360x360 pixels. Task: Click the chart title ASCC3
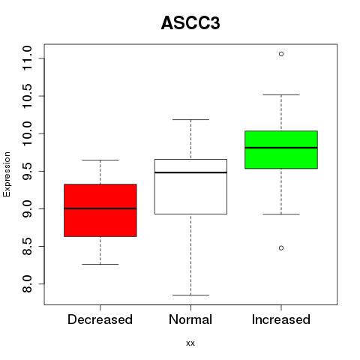(x=190, y=23)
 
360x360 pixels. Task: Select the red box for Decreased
(x=100, y=210)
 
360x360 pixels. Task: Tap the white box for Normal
(x=190, y=187)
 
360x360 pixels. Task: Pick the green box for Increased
(x=281, y=149)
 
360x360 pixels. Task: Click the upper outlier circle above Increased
(x=281, y=54)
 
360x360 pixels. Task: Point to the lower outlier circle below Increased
(x=281, y=248)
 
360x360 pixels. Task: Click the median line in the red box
(x=100, y=208)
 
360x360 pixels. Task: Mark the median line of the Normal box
(x=190, y=172)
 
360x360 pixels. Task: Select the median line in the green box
(x=281, y=148)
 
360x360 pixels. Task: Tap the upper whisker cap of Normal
(x=190, y=119)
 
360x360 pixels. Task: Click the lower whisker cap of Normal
(x=190, y=295)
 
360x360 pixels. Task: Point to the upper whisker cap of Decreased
(x=100, y=160)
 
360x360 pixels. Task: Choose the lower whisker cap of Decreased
(x=100, y=264)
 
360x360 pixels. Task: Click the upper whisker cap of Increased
(x=281, y=94)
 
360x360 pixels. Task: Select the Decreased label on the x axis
(x=100, y=319)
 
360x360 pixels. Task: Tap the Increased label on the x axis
(x=281, y=319)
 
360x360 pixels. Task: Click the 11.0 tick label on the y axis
(x=27, y=58)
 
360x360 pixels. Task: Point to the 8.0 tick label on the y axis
(x=27, y=284)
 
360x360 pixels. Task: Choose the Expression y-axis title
(x=7, y=174)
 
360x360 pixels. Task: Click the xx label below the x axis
(x=190, y=343)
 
